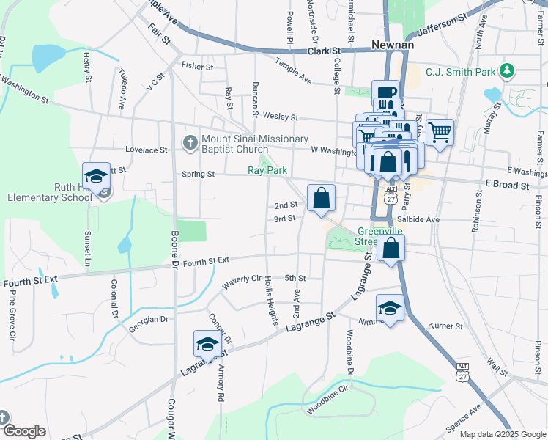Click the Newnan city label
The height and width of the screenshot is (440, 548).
point(393,45)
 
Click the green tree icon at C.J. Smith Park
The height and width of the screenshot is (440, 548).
point(506,70)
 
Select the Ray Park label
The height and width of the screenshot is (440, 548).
point(265,169)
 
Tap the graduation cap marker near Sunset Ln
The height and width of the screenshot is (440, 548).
point(96,176)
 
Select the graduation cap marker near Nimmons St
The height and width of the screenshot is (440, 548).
point(390,309)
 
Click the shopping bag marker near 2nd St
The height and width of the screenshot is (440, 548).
point(321,198)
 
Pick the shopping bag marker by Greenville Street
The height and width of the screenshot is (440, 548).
point(391,249)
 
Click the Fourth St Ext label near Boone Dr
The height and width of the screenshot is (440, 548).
point(207,260)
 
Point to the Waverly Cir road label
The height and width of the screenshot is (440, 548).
point(242,279)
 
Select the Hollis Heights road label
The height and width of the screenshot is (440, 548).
point(270,305)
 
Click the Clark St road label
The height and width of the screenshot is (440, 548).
point(325,51)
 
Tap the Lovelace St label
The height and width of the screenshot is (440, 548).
point(146,150)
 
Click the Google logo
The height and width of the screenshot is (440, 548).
point(24,431)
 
